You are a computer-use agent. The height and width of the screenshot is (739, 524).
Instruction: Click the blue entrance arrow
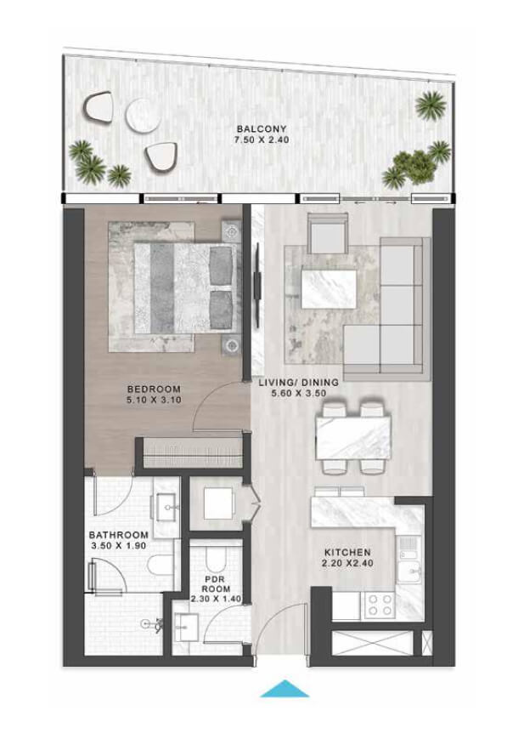point(285,689)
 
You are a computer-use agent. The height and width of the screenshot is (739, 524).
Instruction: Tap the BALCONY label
point(262,128)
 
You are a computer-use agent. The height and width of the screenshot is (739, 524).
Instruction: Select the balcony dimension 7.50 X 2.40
point(262,140)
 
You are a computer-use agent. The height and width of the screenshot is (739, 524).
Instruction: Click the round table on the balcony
point(144,115)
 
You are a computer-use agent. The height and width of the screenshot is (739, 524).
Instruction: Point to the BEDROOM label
point(154,389)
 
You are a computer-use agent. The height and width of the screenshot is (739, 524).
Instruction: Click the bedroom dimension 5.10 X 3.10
point(154,401)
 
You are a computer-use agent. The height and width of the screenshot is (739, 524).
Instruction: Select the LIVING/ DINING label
point(298,382)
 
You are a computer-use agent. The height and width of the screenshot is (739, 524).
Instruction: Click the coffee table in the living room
point(329,287)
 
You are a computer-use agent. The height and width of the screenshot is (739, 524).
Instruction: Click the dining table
point(353,437)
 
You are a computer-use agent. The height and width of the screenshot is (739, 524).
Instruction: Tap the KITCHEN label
point(347,553)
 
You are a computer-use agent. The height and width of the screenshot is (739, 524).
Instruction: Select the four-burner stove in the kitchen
point(380,605)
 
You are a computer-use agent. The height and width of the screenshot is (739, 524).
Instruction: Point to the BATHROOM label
point(119,536)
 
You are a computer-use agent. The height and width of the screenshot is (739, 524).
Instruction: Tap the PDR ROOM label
point(216,584)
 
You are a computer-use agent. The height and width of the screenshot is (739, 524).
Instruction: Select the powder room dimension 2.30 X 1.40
point(216,599)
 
